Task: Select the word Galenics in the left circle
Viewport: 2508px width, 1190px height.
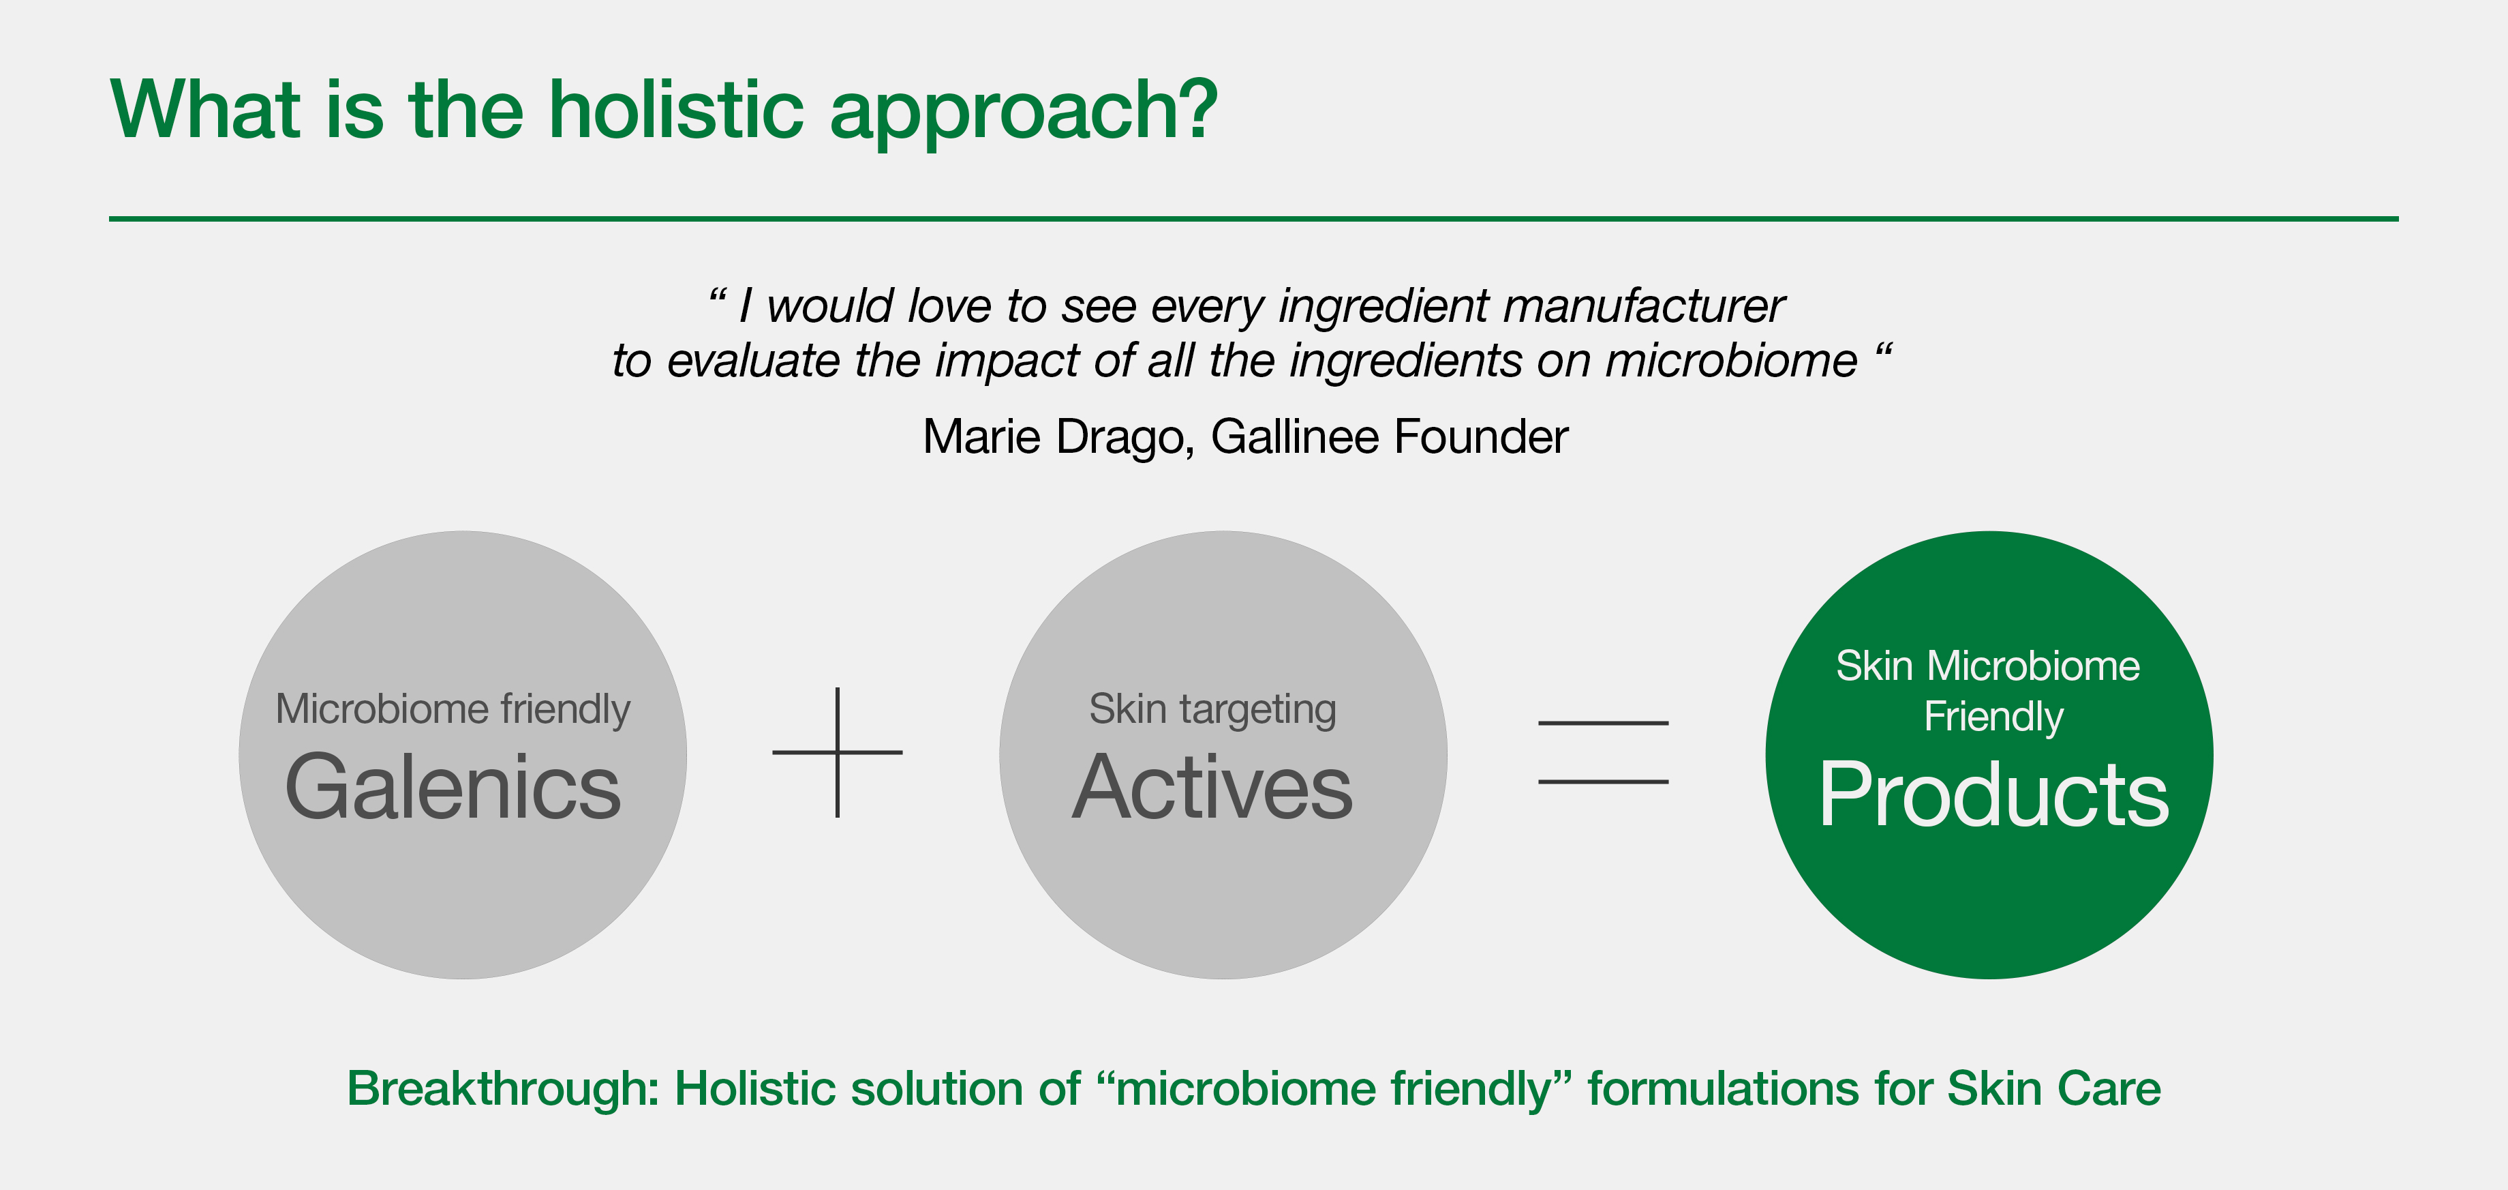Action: click(x=453, y=787)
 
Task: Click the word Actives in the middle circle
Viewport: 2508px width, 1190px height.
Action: click(x=1212, y=787)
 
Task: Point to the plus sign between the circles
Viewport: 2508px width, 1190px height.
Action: click(x=838, y=752)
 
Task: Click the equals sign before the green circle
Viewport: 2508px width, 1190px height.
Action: click(x=1602, y=752)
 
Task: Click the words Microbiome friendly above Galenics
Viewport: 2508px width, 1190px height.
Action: click(x=453, y=710)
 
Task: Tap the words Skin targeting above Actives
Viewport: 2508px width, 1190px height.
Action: click(x=1212, y=710)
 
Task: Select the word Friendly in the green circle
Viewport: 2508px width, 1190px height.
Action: click(x=1993, y=717)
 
